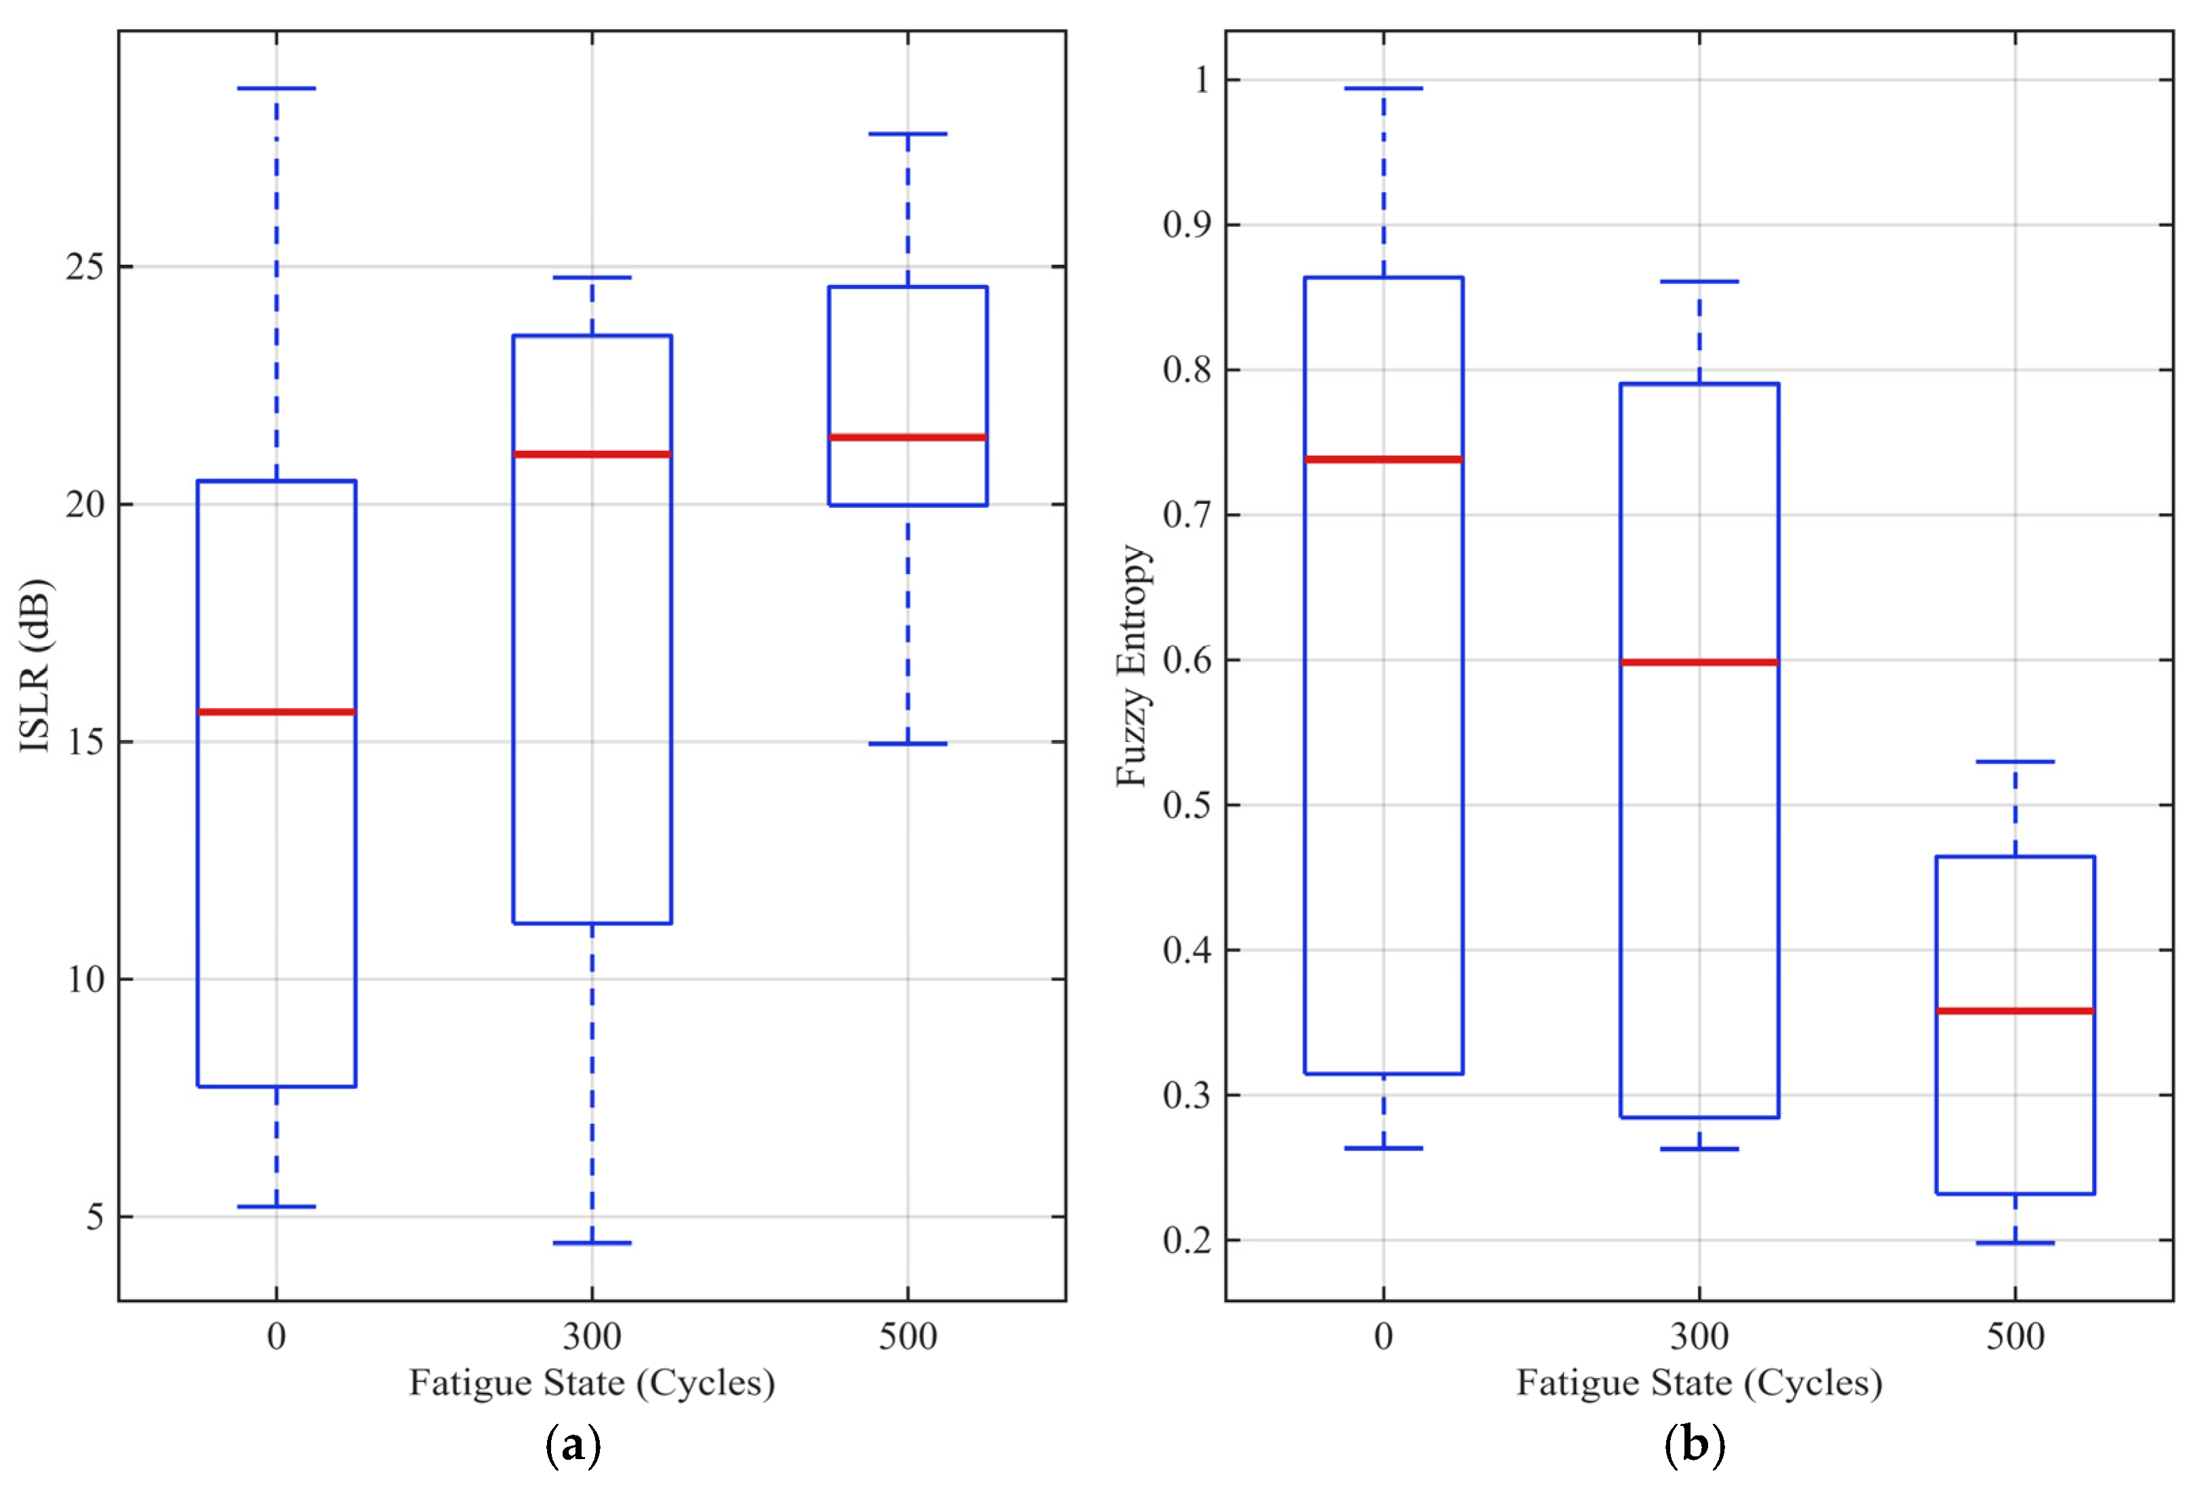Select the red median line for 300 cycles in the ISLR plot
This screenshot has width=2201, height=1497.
(x=592, y=454)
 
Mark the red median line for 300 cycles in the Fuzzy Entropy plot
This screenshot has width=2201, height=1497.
(x=1699, y=662)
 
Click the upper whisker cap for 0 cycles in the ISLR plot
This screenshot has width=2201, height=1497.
(x=276, y=88)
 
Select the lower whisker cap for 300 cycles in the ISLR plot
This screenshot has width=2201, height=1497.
(x=592, y=1242)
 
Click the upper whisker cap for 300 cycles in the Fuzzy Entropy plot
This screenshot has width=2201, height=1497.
(x=1699, y=281)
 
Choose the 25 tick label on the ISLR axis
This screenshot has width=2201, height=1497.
(x=85, y=267)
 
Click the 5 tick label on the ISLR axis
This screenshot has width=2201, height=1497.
(x=95, y=1217)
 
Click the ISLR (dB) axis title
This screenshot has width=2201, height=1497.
(x=36, y=665)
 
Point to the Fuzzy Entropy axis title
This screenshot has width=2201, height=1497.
(x=1133, y=665)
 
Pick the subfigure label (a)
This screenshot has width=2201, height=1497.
(x=573, y=1445)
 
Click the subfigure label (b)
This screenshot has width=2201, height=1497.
(x=1695, y=1445)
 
